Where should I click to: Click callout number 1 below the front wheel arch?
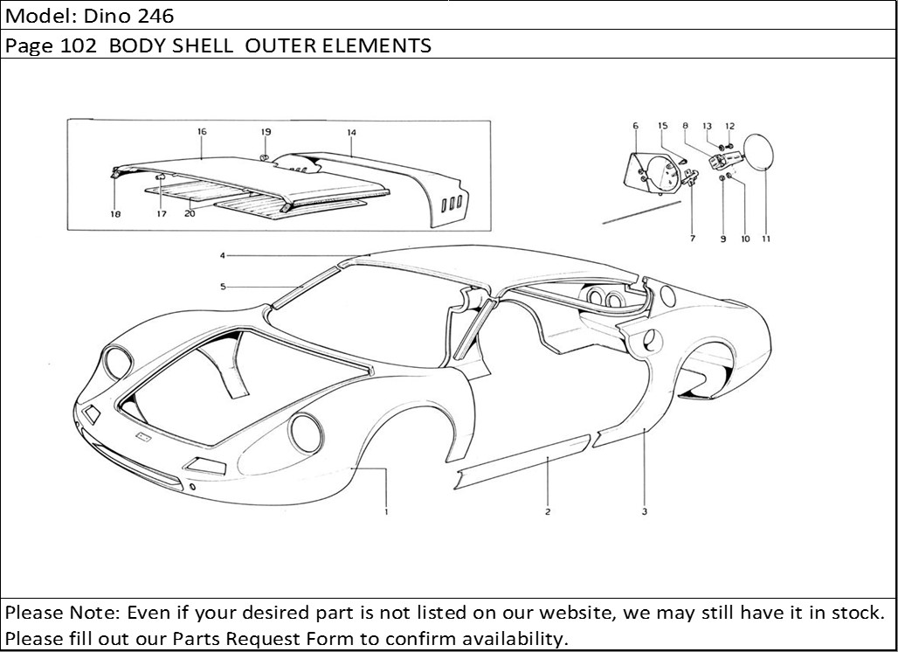tap(387, 511)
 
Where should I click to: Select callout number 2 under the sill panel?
tap(548, 511)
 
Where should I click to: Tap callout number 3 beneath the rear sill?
tap(645, 511)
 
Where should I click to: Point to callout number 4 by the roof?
tap(223, 255)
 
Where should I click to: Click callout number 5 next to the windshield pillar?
tap(223, 287)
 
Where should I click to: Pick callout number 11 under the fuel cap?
tap(766, 239)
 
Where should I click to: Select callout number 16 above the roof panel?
tap(202, 132)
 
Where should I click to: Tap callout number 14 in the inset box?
tap(351, 132)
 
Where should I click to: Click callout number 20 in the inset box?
tap(190, 214)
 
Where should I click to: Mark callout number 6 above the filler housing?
tap(635, 126)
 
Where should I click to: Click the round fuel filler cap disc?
tap(757, 151)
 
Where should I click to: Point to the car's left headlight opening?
tap(117, 363)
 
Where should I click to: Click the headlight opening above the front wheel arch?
tap(305, 434)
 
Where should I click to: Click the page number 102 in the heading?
tap(78, 45)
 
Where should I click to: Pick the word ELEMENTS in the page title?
tap(376, 45)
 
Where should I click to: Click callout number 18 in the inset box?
tap(115, 214)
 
